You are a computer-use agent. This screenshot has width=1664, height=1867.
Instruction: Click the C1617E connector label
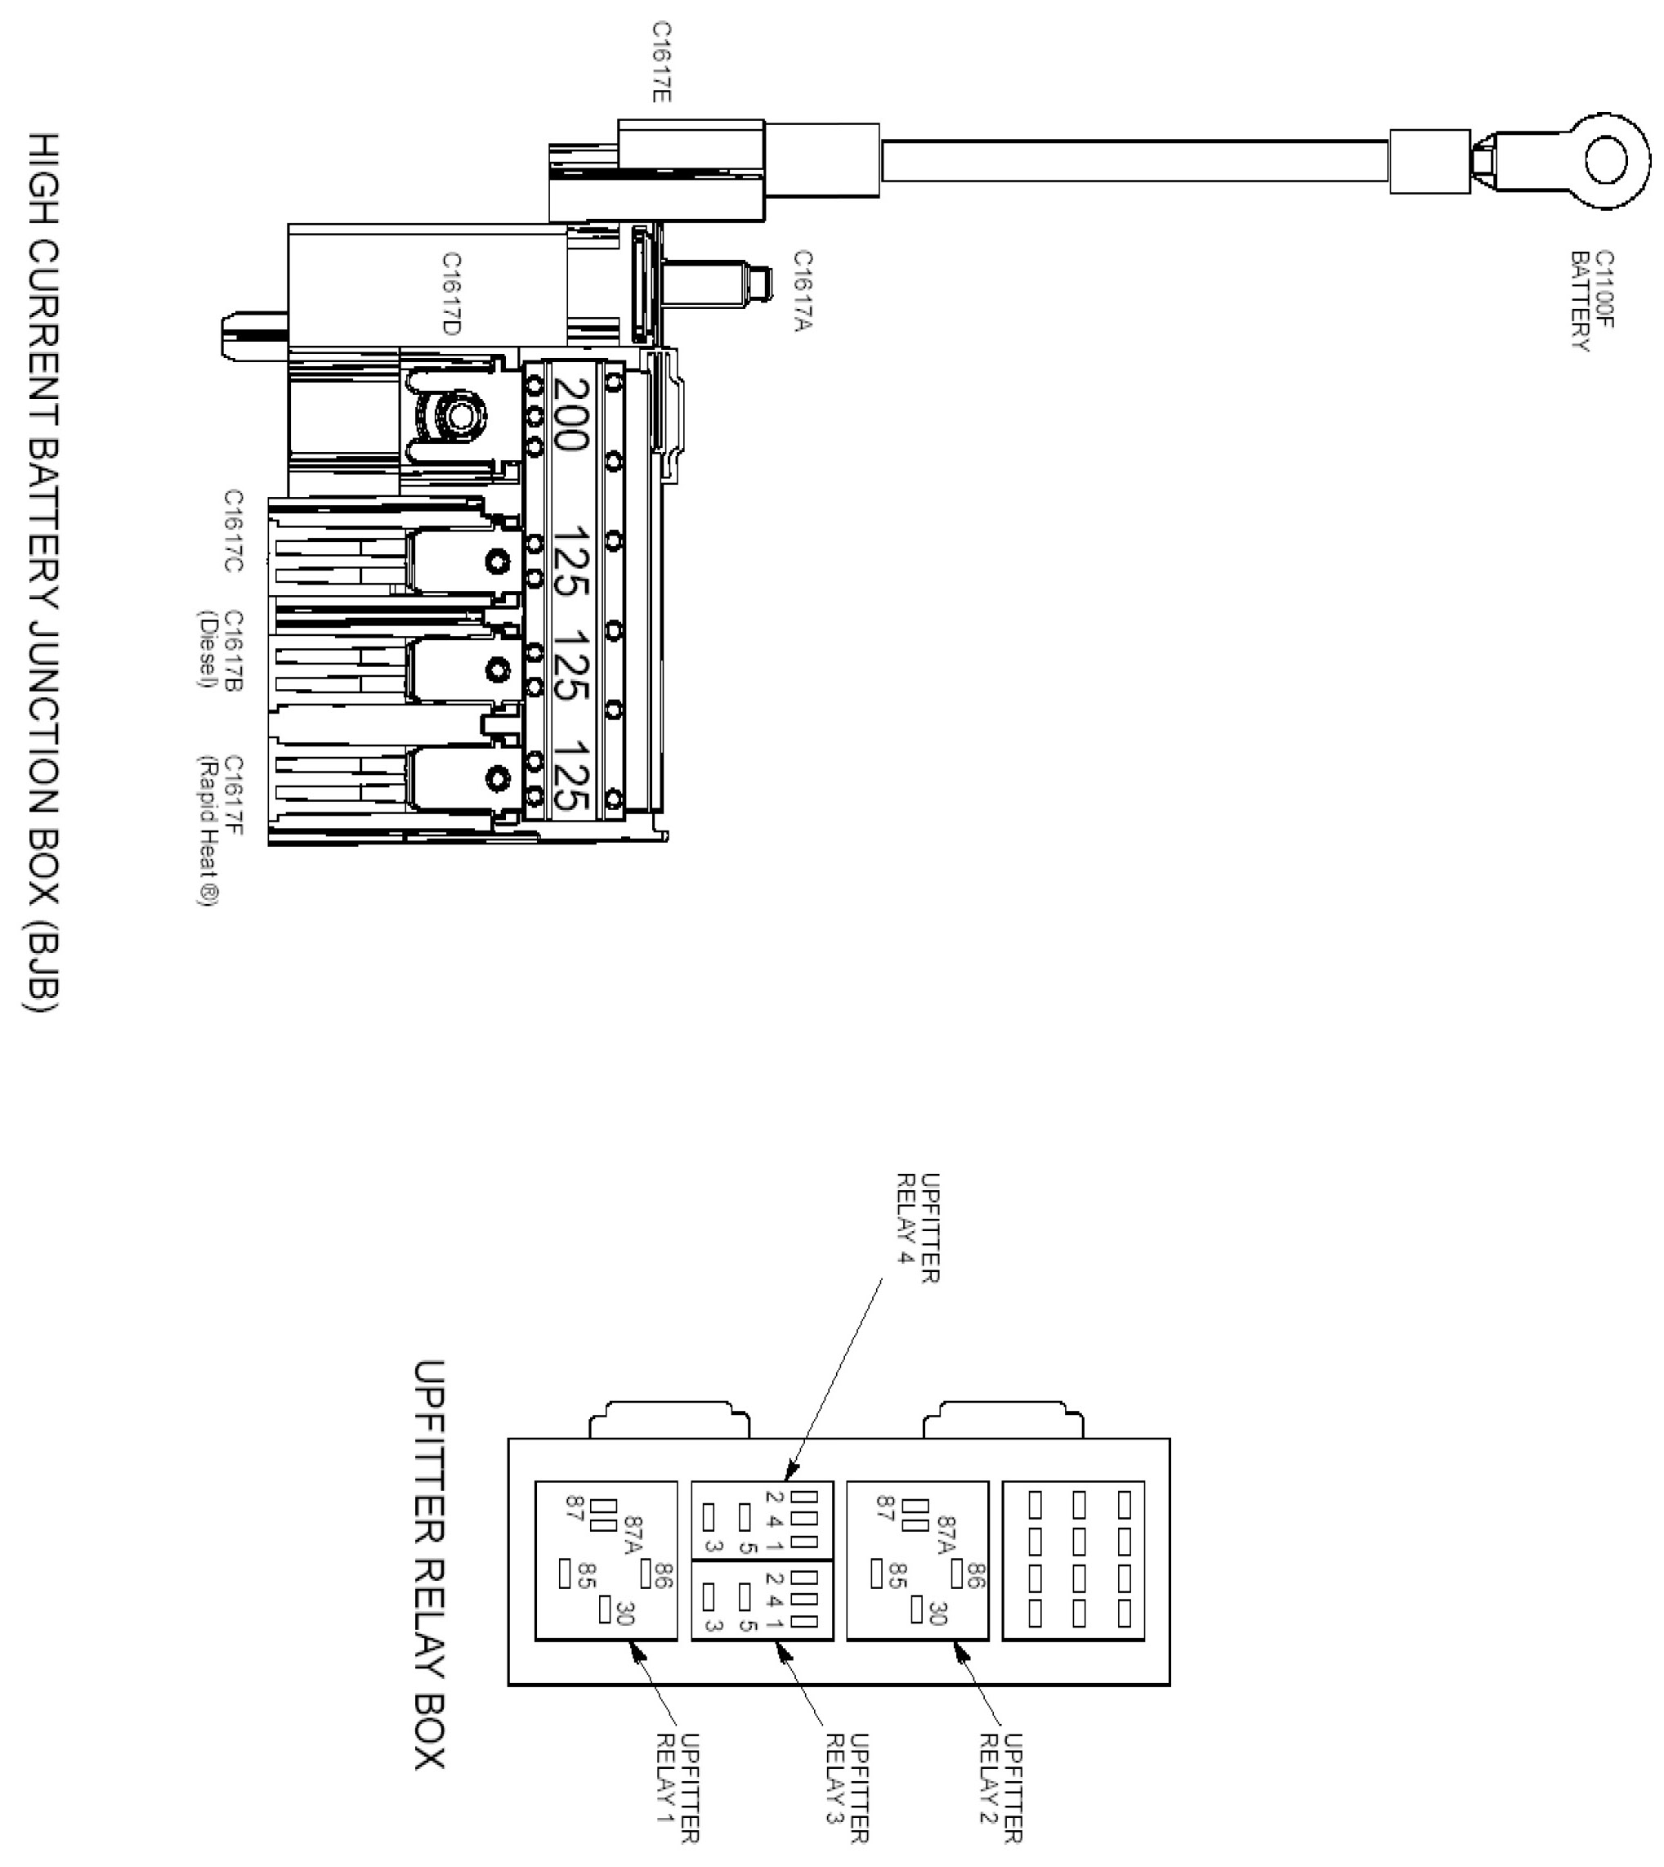point(662,61)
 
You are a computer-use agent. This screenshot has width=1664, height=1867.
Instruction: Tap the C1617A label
point(803,291)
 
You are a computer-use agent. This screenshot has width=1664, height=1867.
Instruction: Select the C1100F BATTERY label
point(1592,301)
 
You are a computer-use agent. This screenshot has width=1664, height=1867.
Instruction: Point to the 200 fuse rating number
point(571,415)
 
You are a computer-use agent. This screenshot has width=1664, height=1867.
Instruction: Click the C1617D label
point(451,293)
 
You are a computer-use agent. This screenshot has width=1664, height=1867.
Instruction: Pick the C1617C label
point(234,531)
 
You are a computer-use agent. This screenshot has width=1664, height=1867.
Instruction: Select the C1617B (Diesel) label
point(221,650)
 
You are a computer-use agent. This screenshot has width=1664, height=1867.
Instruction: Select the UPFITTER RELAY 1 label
point(678,1800)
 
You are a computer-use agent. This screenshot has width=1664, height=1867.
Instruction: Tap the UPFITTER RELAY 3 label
point(848,1800)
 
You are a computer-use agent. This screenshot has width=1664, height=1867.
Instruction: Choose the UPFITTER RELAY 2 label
point(1000,1800)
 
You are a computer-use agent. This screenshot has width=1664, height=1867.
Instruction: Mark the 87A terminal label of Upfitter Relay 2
point(946,1537)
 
